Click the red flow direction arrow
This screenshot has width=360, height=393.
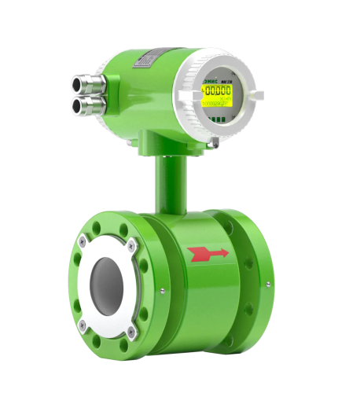(208, 253)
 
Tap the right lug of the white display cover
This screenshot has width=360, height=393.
(255, 95)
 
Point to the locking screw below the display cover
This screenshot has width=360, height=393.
(214, 142)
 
